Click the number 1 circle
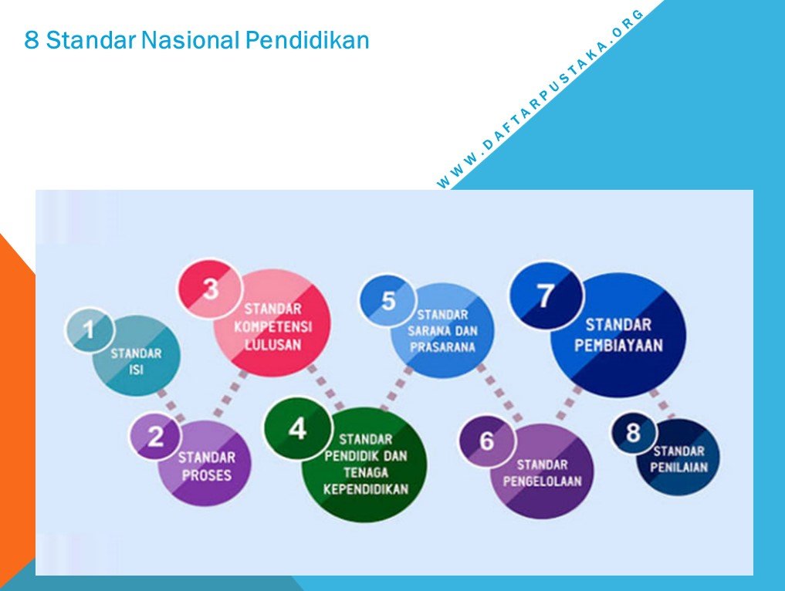click(90, 329)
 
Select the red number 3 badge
click(210, 289)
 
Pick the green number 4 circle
click(298, 429)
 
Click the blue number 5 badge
click(387, 301)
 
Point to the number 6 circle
click(487, 441)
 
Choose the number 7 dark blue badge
click(546, 295)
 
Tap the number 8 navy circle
click(633, 432)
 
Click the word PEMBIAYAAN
click(618, 346)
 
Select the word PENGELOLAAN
click(542, 481)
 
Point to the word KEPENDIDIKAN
click(365, 488)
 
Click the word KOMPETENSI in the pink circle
click(272, 327)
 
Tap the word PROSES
click(206, 474)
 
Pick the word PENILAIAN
click(678, 468)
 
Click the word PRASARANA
click(442, 346)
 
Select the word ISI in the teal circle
click(136, 370)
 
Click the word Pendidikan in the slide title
click(307, 40)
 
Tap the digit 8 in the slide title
click(31, 41)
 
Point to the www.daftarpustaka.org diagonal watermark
click(540, 99)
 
